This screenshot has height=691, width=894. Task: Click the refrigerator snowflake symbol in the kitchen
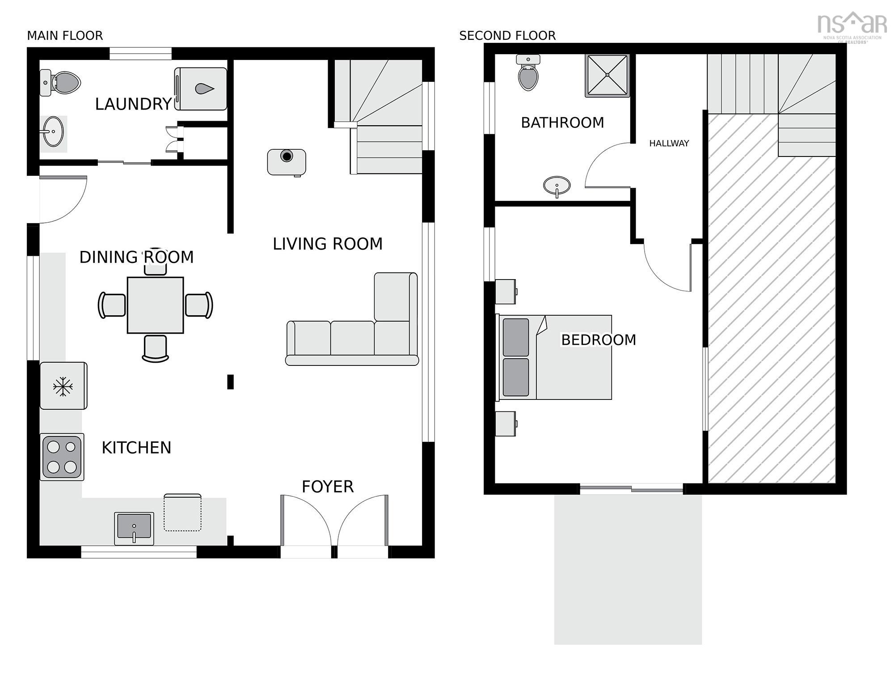(x=63, y=386)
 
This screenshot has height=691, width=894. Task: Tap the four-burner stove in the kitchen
(x=62, y=457)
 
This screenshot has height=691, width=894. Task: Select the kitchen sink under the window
(x=134, y=526)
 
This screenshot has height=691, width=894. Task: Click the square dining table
(x=155, y=305)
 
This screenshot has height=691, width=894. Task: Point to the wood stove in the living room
(x=287, y=162)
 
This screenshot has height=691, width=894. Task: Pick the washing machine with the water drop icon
(x=201, y=89)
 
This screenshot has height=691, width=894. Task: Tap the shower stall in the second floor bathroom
(x=607, y=76)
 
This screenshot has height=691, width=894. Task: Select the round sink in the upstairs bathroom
(x=557, y=185)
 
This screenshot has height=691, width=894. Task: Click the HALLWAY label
(x=669, y=144)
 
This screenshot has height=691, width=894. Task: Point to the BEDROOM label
(x=598, y=340)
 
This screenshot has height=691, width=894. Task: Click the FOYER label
(x=328, y=487)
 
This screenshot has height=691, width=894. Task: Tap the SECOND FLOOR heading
(x=507, y=36)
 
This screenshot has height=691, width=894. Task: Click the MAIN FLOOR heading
(x=65, y=36)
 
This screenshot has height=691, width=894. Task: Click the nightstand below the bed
(x=506, y=424)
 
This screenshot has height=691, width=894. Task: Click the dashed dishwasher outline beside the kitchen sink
(x=182, y=513)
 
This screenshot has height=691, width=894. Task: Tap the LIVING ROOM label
(x=328, y=244)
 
